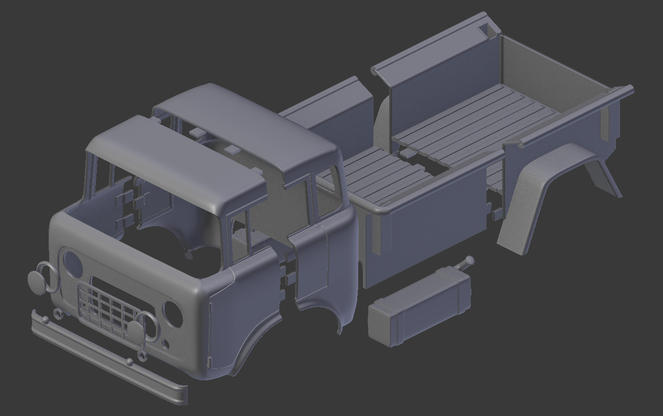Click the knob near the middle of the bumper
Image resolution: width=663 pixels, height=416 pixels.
(130, 363)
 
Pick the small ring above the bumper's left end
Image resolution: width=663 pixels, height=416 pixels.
(58, 314)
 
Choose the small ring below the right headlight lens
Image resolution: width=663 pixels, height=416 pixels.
(142, 355)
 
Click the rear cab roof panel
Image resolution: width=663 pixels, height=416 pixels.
(253, 129)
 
